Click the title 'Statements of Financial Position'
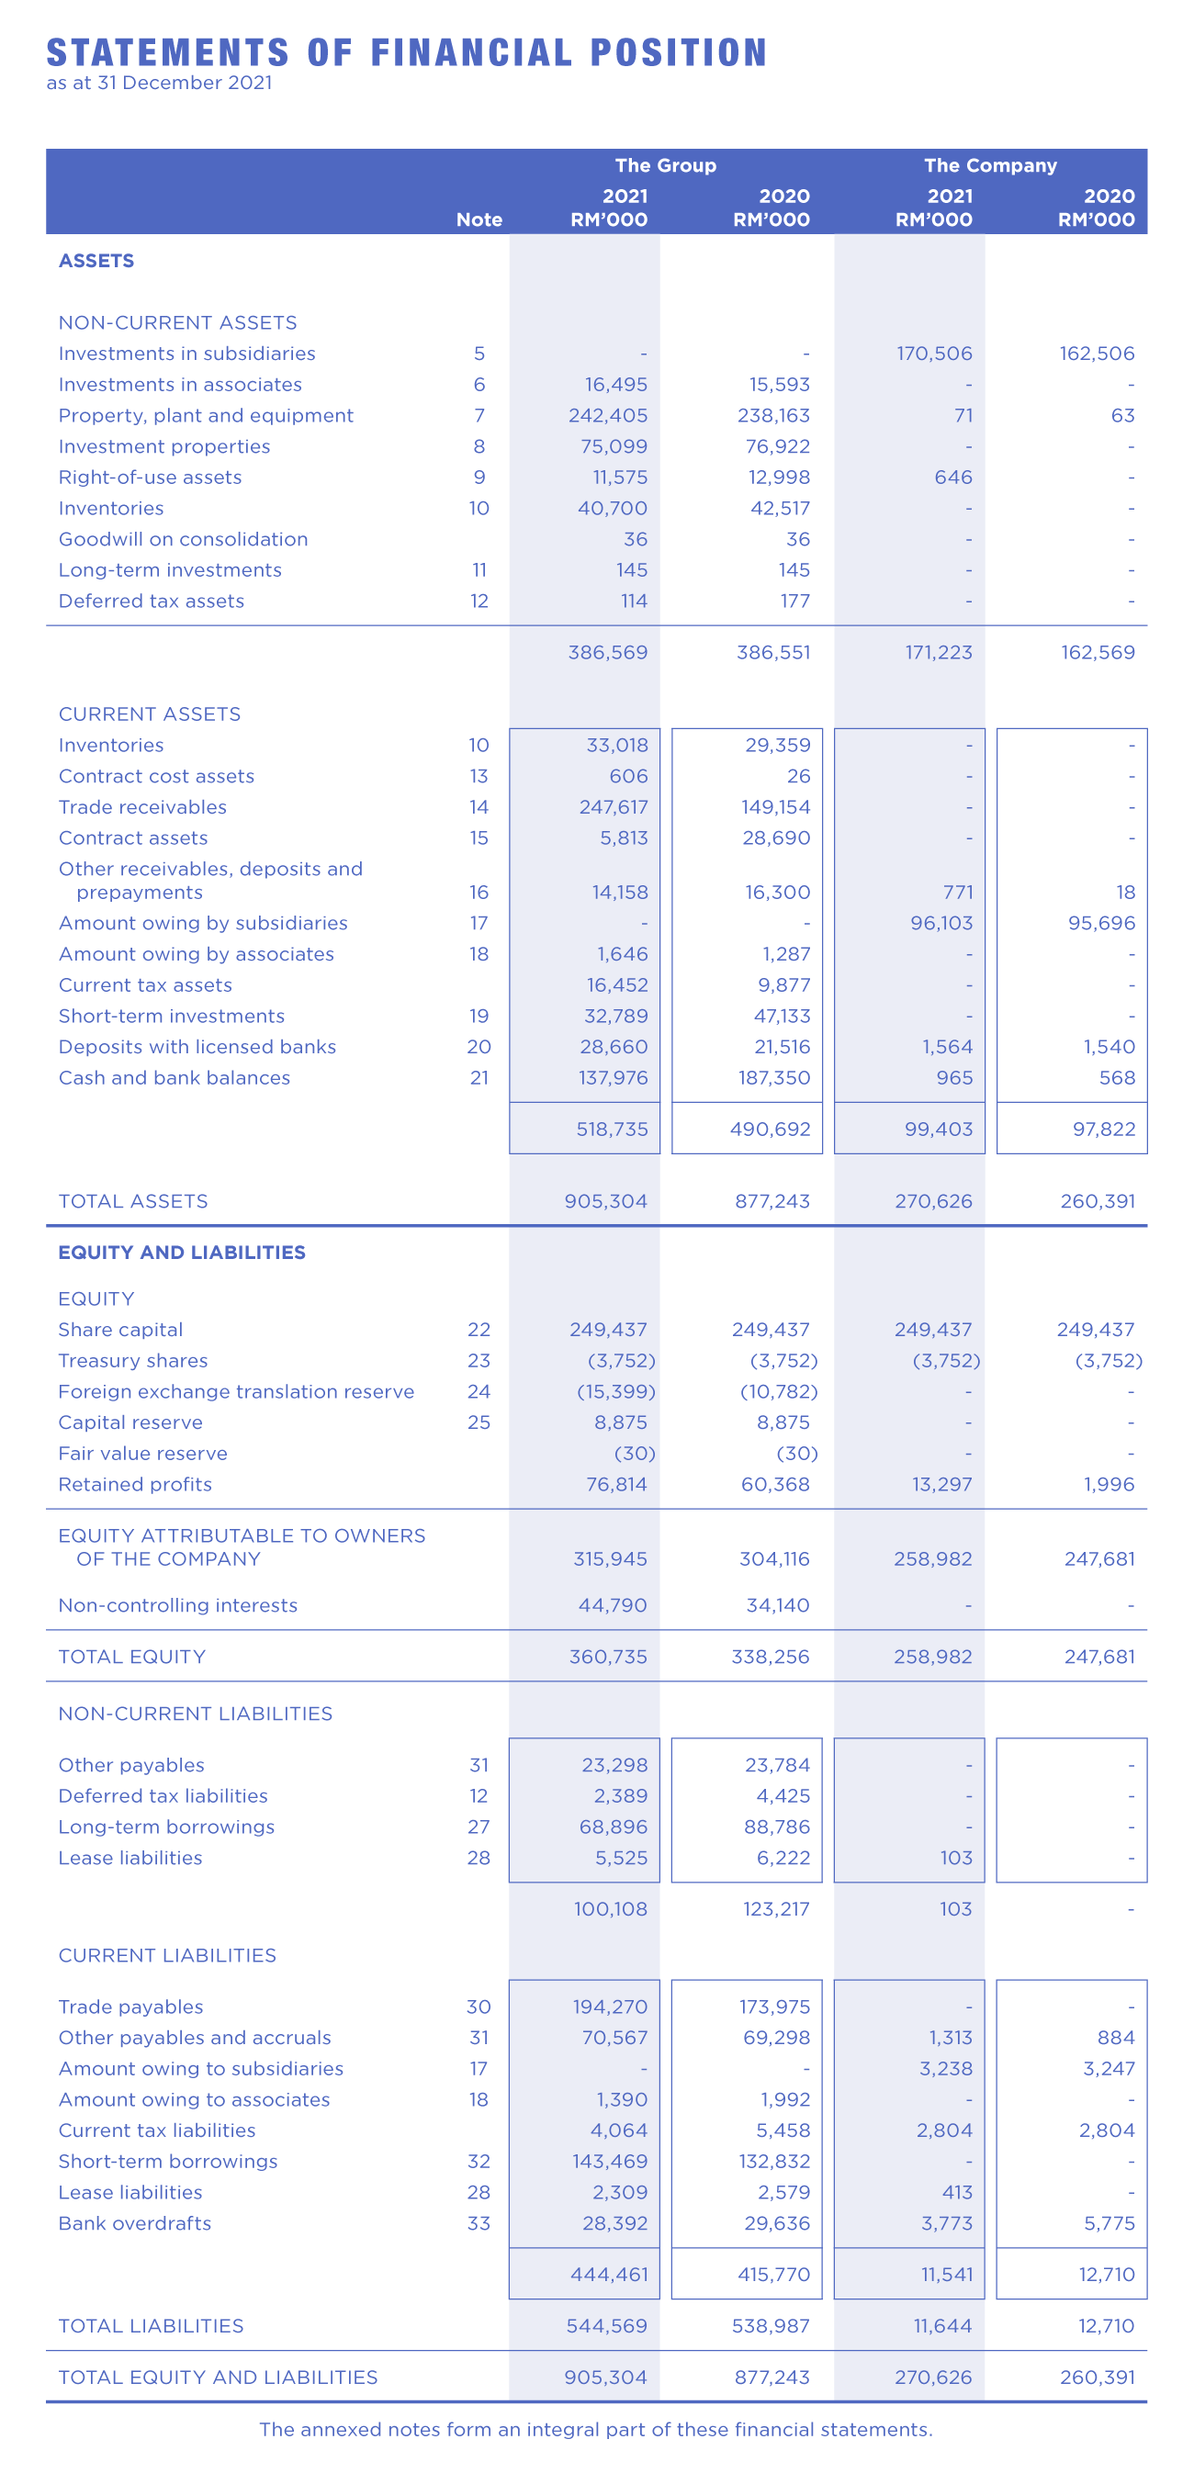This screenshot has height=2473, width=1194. (x=406, y=52)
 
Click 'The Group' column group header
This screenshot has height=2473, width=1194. (x=665, y=165)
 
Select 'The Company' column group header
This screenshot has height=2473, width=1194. (x=989, y=165)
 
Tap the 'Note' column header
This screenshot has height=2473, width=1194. (x=479, y=219)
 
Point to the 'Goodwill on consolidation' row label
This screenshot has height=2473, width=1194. (x=184, y=540)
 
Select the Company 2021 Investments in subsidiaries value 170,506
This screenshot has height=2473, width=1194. (x=934, y=354)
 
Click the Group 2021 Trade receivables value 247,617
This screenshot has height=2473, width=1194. (x=613, y=807)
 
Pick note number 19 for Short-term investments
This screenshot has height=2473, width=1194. (x=479, y=1017)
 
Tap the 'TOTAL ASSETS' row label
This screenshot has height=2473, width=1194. (x=133, y=1202)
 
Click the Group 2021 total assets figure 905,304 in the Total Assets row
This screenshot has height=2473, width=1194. (x=605, y=1202)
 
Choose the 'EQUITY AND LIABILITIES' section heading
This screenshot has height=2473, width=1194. (x=183, y=1253)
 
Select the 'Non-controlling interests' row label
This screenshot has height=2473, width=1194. (x=177, y=1606)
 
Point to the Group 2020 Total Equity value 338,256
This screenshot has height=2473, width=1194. (x=770, y=1657)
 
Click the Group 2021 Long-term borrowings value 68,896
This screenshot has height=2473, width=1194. (x=613, y=1827)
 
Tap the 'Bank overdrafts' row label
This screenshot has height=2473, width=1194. (x=134, y=2224)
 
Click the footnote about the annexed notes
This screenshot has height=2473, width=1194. (x=595, y=2430)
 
